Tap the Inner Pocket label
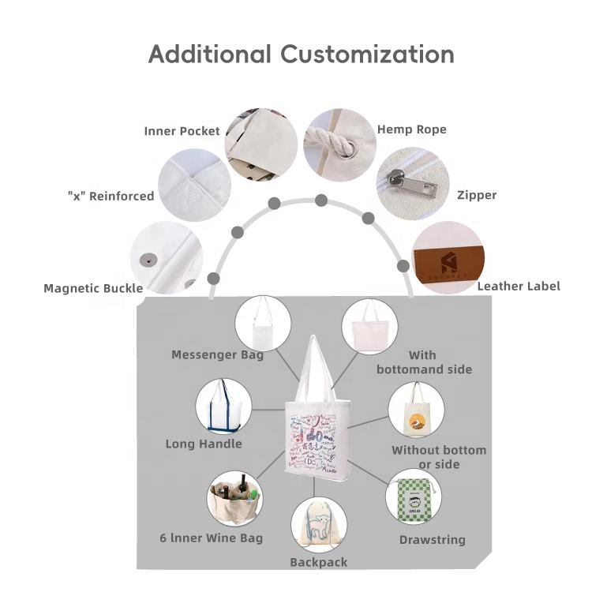[x=182, y=131]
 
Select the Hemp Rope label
[x=411, y=129]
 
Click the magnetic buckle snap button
[x=144, y=257]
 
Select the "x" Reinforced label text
[x=111, y=196]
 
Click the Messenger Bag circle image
[x=263, y=324]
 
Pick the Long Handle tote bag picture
[x=223, y=406]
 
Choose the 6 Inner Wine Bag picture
[x=235, y=499]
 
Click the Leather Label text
[x=519, y=286]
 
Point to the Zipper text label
[x=477, y=195]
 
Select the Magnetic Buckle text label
[x=93, y=288]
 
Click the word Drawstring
[x=432, y=540]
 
